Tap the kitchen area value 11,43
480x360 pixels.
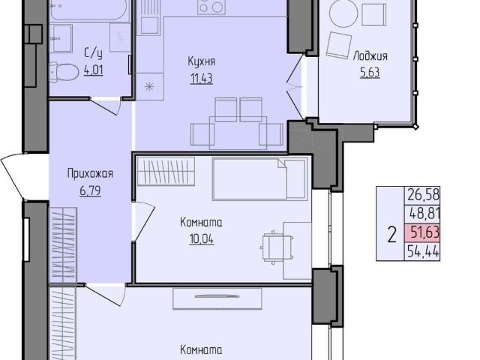click(200, 78)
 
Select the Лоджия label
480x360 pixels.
click(370, 56)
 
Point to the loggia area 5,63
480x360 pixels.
click(370, 72)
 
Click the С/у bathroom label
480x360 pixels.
click(93, 53)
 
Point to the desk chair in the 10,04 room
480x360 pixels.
click(271, 244)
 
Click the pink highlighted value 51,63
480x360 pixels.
click(422, 233)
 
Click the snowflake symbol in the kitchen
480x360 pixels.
click(148, 86)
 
